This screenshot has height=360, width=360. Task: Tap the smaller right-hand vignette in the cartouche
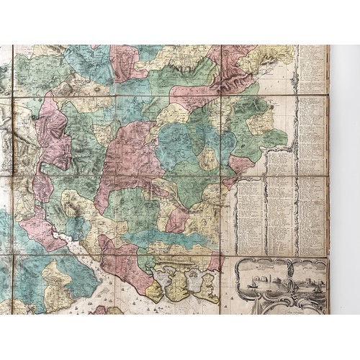308,276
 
